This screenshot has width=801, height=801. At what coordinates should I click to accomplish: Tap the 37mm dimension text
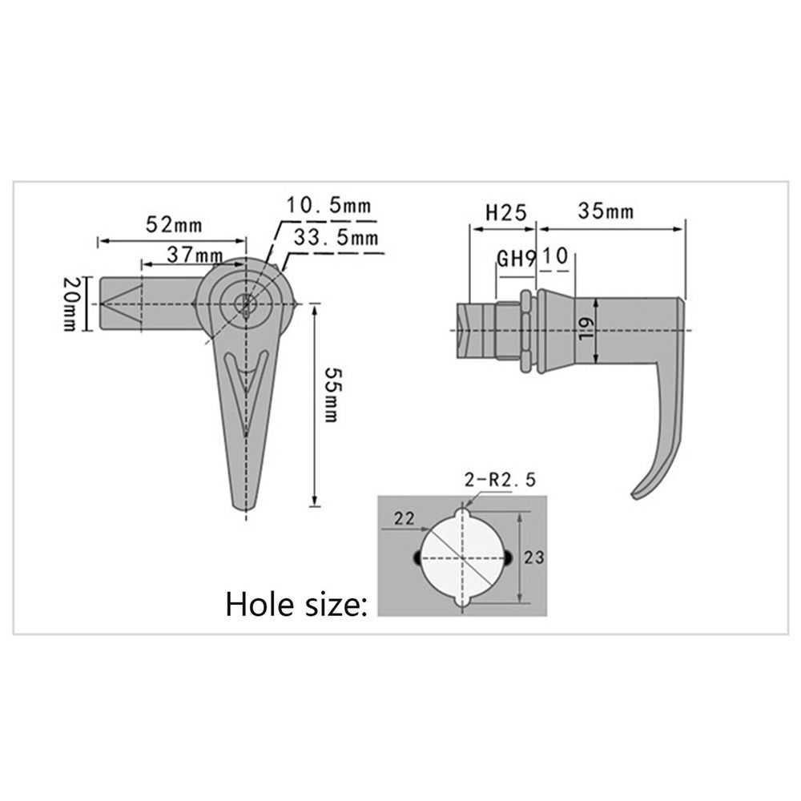click(195, 254)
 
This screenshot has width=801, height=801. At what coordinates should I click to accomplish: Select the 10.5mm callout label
click(329, 206)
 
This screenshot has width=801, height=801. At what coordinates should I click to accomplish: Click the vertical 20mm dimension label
click(70, 304)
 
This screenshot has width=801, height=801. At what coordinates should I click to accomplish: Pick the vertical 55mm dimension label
click(330, 401)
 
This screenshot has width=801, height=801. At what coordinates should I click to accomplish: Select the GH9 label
click(516, 259)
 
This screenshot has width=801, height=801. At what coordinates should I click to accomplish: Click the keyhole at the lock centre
click(246, 304)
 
